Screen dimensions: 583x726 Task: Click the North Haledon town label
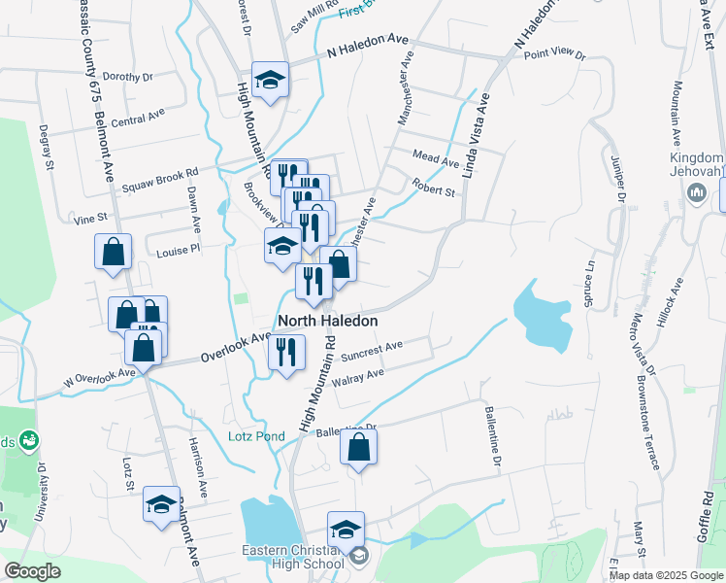(327, 320)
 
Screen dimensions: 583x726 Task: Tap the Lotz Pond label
(256, 436)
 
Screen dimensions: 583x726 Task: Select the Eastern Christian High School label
(293, 558)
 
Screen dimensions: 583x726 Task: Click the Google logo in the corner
(32, 570)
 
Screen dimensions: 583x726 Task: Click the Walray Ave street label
(358, 375)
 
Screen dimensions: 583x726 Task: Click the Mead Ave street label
(435, 157)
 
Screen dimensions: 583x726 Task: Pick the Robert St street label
(433, 187)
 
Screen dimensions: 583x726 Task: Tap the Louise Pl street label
(178, 250)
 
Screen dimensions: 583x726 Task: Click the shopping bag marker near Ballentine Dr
(358, 448)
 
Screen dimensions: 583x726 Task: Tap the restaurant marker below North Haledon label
(286, 352)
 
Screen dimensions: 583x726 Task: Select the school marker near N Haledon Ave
(270, 80)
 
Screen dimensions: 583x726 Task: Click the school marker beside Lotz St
(162, 504)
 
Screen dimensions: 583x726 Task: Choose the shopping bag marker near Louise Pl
(114, 252)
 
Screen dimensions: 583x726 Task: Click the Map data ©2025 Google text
(667, 575)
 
